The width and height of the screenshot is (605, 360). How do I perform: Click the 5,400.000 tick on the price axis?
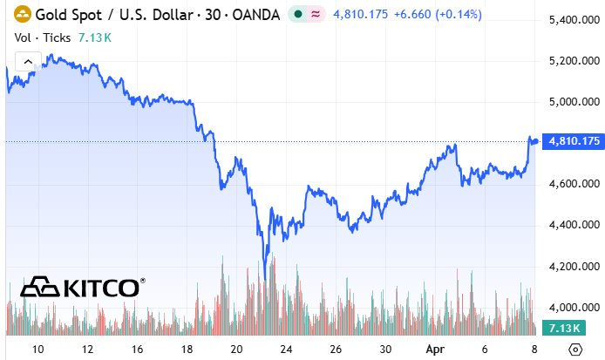tap(570, 19)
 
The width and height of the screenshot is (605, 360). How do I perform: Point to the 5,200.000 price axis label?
tap(570, 60)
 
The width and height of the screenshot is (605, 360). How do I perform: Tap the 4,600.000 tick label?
tap(570, 184)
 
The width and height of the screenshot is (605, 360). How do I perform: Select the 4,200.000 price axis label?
tap(570, 266)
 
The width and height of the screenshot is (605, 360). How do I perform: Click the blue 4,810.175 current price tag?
tap(570, 141)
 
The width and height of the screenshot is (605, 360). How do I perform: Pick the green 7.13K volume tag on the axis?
tap(556, 328)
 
